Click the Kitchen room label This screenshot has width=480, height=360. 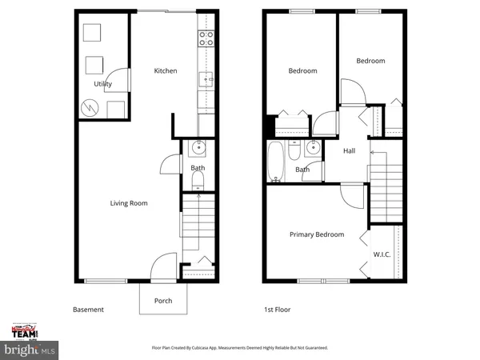click(x=166, y=71)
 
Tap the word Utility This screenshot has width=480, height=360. click(x=102, y=84)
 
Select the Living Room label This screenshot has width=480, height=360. click(x=129, y=203)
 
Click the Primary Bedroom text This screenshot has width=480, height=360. click(x=317, y=234)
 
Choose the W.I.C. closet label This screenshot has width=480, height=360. click(x=381, y=255)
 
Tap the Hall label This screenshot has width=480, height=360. click(x=350, y=151)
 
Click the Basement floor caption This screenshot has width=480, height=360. click(x=88, y=310)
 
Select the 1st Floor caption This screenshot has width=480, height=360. click(x=277, y=310)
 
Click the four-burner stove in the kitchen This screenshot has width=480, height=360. click(x=205, y=35)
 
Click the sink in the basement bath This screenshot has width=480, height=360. click(x=198, y=148)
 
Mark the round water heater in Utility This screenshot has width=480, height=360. click(x=90, y=106)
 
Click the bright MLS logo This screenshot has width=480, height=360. click(x=30, y=350)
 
